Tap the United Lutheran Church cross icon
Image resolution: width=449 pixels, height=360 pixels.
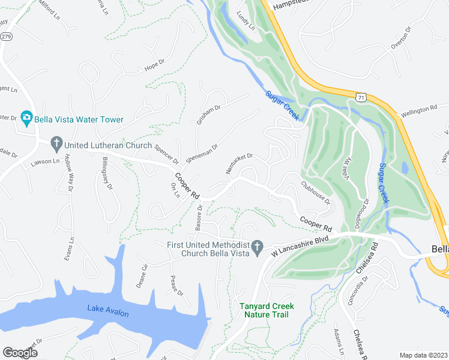coord(56,143)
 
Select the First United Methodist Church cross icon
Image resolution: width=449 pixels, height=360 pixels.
coord(257,247)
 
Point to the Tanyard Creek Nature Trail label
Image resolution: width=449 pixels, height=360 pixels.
coord(264,310)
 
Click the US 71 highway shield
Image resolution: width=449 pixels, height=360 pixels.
coord(360,96)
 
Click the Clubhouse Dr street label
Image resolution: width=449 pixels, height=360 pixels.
coord(316,193)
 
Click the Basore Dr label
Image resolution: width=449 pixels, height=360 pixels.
coord(199,217)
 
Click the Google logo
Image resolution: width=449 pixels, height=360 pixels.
coord(20,353)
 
